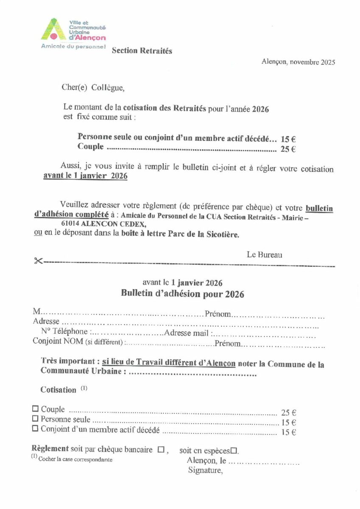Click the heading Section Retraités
tap(142, 51)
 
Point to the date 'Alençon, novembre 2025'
tap(298, 62)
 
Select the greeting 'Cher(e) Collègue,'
tap(93, 88)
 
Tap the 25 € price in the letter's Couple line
tap(288, 149)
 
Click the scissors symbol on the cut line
tap(38, 261)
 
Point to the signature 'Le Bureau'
tap(264, 255)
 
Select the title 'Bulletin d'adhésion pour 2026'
tap(182, 294)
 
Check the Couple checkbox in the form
tap(35, 409)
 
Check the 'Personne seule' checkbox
tap(35, 419)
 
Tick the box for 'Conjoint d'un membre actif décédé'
tap(35, 429)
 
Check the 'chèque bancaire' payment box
tap(161, 450)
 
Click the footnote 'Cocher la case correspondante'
tap(75, 459)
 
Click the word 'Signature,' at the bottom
tap(205, 470)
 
